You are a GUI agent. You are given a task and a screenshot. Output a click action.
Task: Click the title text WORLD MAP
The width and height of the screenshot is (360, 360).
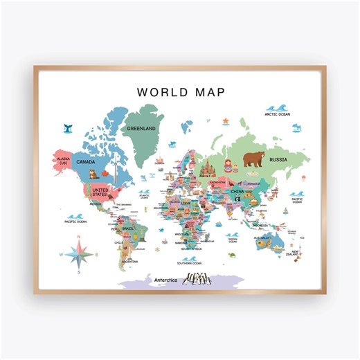pyautogui.click(x=181, y=91)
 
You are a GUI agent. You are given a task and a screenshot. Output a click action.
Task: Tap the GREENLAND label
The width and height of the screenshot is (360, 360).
pyautogui.click(x=141, y=128)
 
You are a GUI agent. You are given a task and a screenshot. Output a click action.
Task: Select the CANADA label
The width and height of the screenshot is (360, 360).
pyautogui.click(x=86, y=162)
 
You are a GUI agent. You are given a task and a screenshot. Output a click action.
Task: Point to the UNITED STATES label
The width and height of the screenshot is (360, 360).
pyautogui.click(x=100, y=191)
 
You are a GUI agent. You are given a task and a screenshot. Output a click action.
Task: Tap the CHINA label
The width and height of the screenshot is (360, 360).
pyautogui.click(x=237, y=190)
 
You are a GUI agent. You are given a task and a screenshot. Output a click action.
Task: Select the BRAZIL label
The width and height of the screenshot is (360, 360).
pyautogui.click(x=127, y=228)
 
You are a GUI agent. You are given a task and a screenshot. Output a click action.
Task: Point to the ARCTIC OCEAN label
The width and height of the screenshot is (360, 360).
pyautogui.click(x=280, y=114)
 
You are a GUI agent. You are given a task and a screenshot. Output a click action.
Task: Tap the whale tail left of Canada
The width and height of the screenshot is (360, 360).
pyautogui.click(x=68, y=128)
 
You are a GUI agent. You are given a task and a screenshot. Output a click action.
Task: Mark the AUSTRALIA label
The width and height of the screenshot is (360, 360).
pyautogui.click(x=261, y=238)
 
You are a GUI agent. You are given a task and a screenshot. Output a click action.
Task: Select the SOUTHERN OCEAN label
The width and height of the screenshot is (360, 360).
pyautogui.click(x=188, y=263)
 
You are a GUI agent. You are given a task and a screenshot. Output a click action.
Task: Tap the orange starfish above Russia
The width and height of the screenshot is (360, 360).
pyautogui.click(x=226, y=121)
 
